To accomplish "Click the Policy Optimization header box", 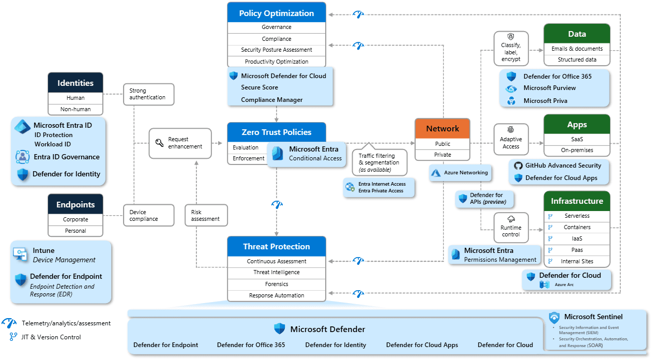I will (277, 13).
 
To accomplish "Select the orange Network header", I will (442, 128).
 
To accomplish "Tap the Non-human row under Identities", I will (75, 109).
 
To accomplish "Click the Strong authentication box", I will (148, 94).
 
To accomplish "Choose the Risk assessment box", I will (205, 215).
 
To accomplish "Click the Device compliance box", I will (148, 215).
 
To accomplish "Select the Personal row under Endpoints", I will (75, 231).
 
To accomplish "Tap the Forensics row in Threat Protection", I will (277, 284).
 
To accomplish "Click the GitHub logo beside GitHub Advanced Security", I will (517, 166).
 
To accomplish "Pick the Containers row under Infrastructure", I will (577, 227).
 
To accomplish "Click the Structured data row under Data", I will (577, 59).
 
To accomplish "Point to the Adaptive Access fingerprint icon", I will (511, 130).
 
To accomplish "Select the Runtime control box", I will (511, 227).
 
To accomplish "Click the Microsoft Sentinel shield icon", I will (554, 317).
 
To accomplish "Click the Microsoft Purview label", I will (549, 88).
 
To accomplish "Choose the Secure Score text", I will (260, 87).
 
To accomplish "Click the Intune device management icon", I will (20, 253).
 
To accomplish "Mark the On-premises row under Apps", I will (577, 150).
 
